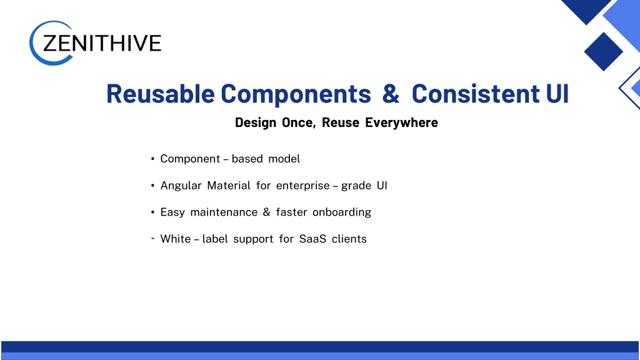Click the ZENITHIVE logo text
click(x=102, y=43)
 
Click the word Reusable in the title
click(x=161, y=94)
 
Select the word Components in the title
click(x=296, y=94)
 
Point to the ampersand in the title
click(x=391, y=94)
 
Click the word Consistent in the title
click(x=476, y=94)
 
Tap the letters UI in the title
click(x=557, y=94)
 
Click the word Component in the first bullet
click(x=190, y=159)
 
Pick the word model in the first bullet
click(x=284, y=158)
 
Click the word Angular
click(x=181, y=186)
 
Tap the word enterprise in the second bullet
click(x=303, y=186)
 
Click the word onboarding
click(x=342, y=212)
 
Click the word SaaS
click(x=312, y=239)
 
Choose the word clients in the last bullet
click(x=349, y=239)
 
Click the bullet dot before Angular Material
click(x=152, y=186)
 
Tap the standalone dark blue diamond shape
click(x=603, y=52)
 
